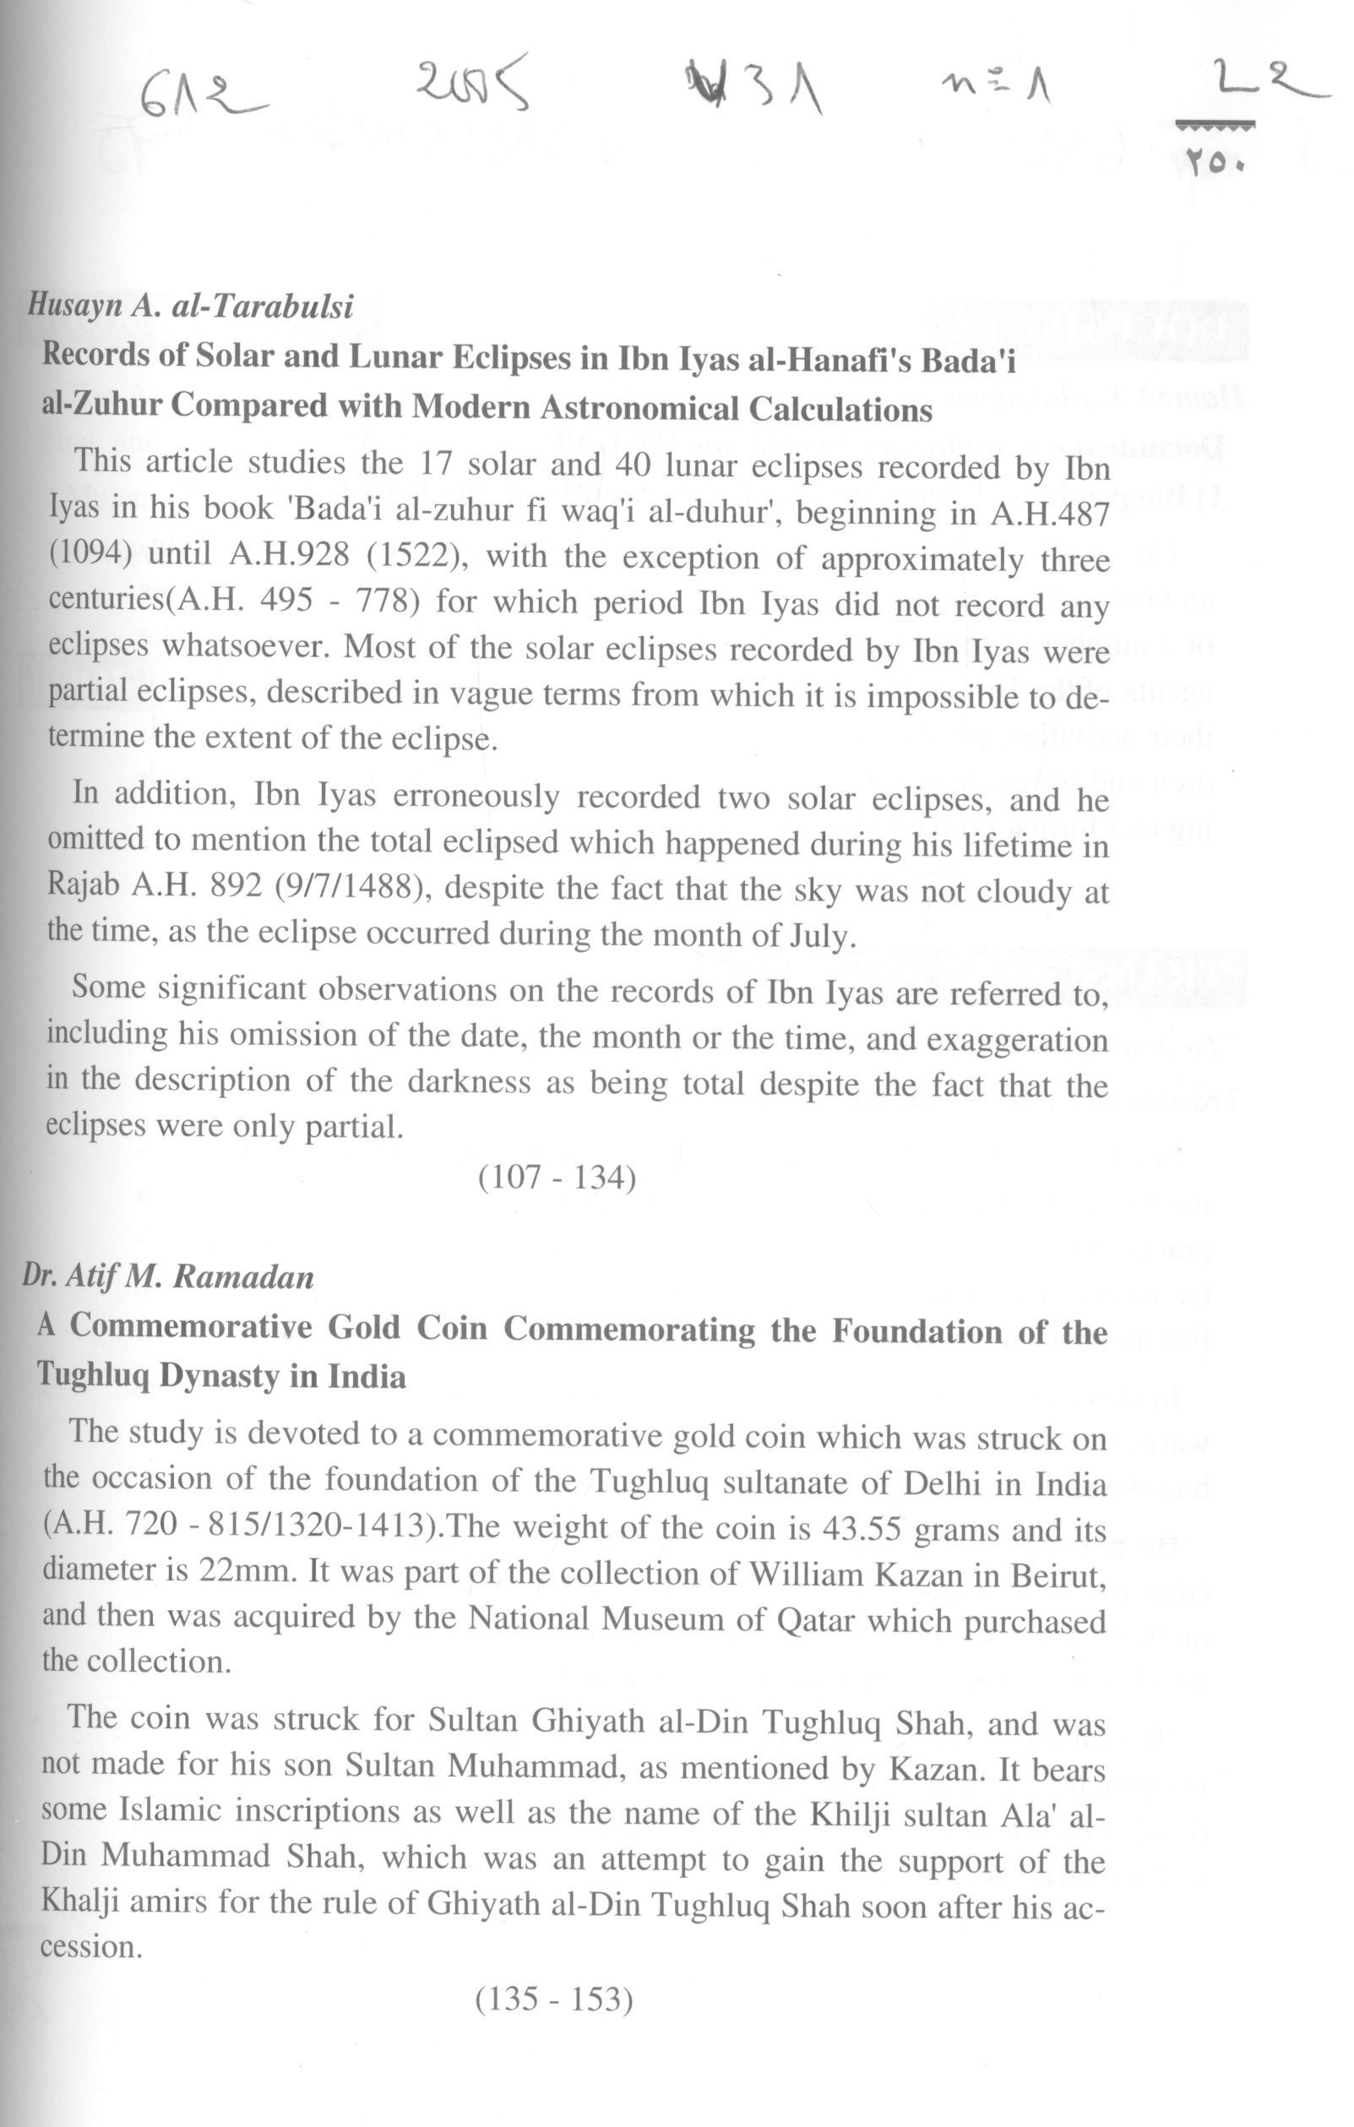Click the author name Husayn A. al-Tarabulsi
[191, 306]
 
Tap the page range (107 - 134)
[557, 1177]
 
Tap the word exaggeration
[1017, 1040]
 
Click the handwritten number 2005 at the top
[472, 81]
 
